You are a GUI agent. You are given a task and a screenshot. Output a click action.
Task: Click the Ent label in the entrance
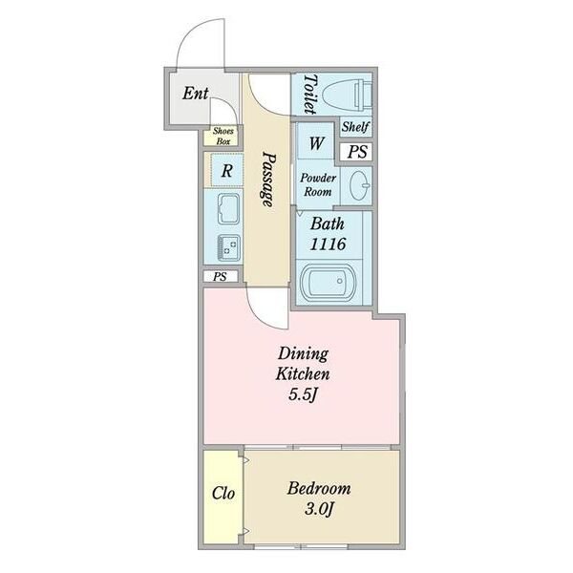point(196,93)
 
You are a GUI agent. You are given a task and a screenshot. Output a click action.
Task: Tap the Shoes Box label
point(223,136)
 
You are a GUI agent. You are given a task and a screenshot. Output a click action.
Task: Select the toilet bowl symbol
point(348,95)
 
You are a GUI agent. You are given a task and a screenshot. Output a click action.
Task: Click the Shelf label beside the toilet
point(355,127)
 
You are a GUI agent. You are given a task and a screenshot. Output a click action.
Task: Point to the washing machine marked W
point(316,141)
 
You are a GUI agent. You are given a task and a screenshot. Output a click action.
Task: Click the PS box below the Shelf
point(356,152)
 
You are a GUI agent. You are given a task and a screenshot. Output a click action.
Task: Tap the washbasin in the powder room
point(359,185)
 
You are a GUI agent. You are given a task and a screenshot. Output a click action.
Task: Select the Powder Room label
point(318,184)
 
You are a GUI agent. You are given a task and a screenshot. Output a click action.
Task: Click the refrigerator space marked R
point(227,170)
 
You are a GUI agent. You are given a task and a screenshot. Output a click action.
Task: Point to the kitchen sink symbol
point(229,208)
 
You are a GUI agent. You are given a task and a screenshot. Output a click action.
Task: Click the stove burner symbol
point(229,247)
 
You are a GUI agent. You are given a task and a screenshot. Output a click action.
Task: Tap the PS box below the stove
point(221,277)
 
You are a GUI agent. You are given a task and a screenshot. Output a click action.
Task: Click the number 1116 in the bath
point(328,244)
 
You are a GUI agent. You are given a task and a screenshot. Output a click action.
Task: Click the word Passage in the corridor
point(268,180)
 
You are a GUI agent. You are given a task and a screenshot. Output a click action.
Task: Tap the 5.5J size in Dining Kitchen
point(303,394)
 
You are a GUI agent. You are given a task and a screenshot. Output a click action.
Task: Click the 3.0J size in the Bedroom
point(319,509)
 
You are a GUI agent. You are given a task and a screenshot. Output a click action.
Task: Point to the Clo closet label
point(223,494)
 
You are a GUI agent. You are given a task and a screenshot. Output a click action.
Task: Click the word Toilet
point(309,94)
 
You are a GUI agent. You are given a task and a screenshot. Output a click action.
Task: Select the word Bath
point(327,223)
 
